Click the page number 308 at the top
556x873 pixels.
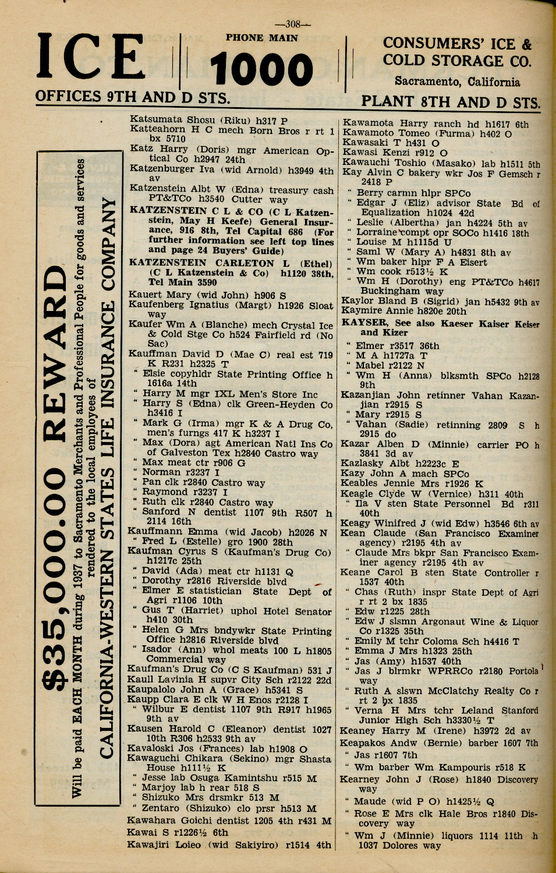click(x=293, y=24)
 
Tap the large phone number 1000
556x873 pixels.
click(x=261, y=70)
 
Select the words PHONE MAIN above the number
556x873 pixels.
click(x=262, y=38)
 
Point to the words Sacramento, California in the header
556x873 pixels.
click(x=457, y=82)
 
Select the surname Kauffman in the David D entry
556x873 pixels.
click(x=153, y=354)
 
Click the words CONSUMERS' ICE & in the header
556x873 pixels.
click(x=457, y=44)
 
